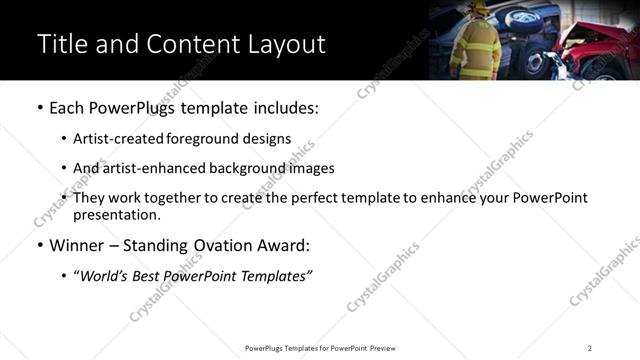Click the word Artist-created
click(118, 139)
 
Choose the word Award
click(283, 245)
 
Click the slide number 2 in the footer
click(589, 348)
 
